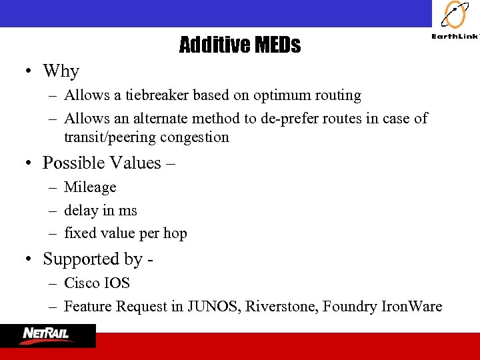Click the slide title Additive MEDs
[239, 45]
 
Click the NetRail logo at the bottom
[48, 335]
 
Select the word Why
[61, 71]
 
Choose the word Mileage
[90, 187]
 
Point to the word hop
[175, 233]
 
